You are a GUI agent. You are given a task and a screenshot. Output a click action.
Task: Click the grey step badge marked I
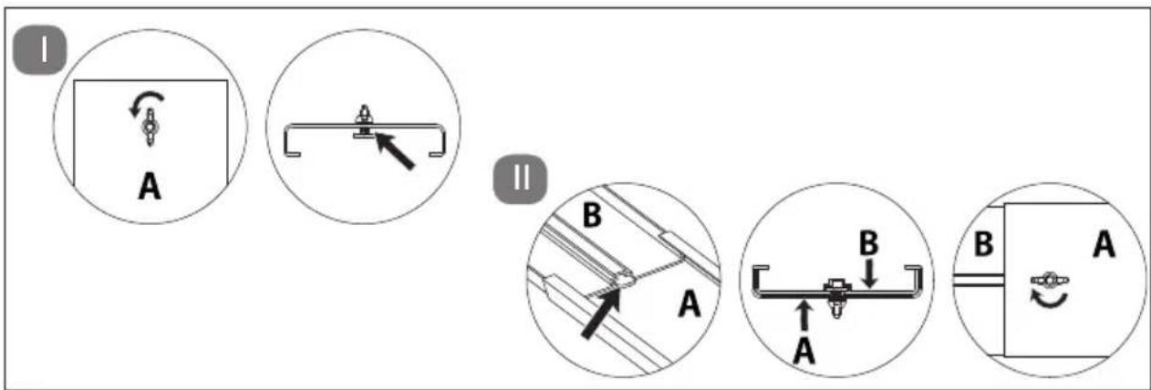[39, 50]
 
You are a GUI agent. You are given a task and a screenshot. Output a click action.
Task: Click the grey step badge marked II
[520, 180]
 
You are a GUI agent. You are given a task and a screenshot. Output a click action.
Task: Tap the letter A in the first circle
[150, 186]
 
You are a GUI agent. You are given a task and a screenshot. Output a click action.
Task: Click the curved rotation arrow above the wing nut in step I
[147, 102]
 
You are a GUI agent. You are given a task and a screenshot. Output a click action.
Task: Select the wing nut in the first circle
[150, 127]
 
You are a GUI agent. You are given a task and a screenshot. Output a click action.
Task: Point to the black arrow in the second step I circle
[394, 150]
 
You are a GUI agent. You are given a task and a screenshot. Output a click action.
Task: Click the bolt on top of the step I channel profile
[364, 121]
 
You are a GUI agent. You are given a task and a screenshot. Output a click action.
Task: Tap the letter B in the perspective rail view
[592, 215]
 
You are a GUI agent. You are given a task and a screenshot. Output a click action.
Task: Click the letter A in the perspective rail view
[690, 303]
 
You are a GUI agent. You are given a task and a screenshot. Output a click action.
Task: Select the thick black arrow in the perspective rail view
[601, 314]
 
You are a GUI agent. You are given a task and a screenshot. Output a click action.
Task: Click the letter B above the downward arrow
[869, 243]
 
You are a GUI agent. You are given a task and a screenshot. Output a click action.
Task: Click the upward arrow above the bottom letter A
[804, 315]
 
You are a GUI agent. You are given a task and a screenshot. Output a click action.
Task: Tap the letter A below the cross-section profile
[804, 352]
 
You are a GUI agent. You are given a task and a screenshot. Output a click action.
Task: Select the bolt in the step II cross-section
[836, 298]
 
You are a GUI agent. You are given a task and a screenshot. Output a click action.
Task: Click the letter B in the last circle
[984, 244]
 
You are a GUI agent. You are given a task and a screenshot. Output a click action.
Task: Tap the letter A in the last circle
[1104, 244]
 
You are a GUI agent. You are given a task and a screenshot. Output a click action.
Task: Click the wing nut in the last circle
[1049, 280]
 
